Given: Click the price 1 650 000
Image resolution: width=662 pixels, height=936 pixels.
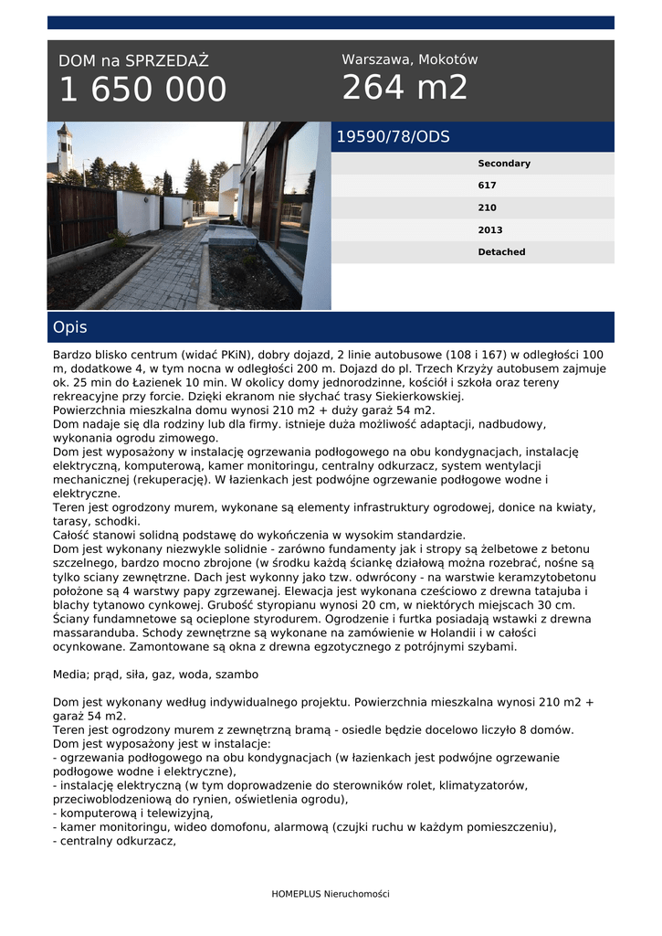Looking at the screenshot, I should click(x=142, y=90).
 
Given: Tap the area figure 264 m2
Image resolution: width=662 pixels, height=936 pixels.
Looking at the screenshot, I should click(x=405, y=88).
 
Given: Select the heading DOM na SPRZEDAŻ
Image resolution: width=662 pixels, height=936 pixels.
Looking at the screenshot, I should click(x=133, y=61).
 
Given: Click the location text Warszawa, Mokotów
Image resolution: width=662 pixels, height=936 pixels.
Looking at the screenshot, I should click(x=409, y=59).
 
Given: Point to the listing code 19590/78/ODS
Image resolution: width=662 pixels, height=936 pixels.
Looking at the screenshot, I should click(x=393, y=137).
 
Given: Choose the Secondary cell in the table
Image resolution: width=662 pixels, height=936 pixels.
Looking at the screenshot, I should click(x=503, y=164).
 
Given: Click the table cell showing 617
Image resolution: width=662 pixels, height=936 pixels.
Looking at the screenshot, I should click(x=487, y=186).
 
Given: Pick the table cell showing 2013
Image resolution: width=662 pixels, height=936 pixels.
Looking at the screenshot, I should click(x=489, y=230).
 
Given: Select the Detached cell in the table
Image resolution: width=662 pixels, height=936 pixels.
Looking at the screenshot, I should click(x=501, y=252).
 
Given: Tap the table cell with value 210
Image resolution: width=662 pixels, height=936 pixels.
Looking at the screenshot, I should click(x=487, y=207).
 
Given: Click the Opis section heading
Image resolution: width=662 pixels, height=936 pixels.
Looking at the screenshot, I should click(x=70, y=327).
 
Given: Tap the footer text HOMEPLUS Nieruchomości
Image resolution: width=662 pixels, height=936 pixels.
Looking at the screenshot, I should click(x=330, y=893).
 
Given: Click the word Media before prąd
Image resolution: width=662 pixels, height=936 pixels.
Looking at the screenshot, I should click(x=70, y=675).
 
